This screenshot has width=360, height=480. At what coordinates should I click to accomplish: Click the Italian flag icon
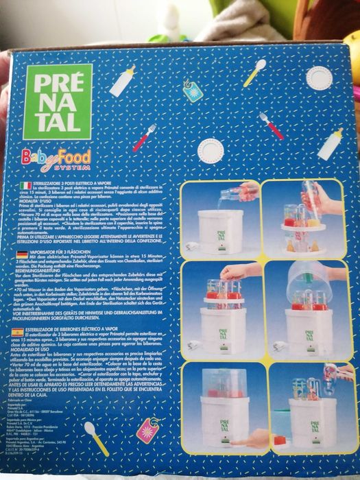pyautogui.click(x=25, y=184)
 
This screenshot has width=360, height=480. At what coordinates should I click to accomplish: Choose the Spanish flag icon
pyautogui.click(x=24, y=331)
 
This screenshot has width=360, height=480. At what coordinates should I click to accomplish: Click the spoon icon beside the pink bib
pyautogui.click(x=95, y=437)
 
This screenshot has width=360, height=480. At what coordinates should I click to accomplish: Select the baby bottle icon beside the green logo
pyautogui.click(x=121, y=82)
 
